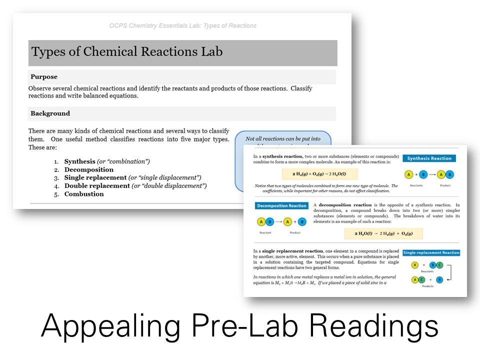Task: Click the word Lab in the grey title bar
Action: click(x=210, y=52)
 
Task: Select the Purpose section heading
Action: click(x=44, y=77)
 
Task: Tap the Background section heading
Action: click(x=50, y=113)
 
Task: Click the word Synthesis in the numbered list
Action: click(x=79, y=161)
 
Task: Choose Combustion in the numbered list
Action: click(x=84, y=194)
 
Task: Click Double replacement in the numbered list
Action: click(x=96, y=186)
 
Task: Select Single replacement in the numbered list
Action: click(x=95, y=177)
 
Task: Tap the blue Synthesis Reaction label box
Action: click(x=429, y=158)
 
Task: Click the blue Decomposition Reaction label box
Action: click(x=281, y=205)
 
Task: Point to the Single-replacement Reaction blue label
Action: click(x=431, y=253)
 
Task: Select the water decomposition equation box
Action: click(x=383, y=233)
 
